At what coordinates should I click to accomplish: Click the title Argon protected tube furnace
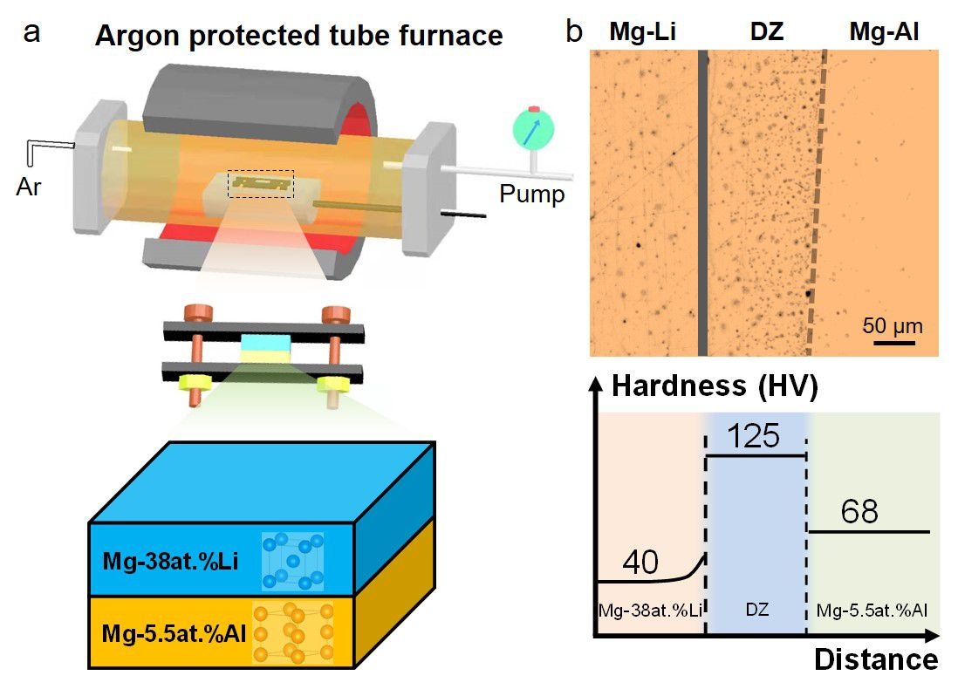(x=298, y=36)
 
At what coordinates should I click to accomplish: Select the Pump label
(x=531, y=194)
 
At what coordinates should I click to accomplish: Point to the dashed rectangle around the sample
(x=261, y=183)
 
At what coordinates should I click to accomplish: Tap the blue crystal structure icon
(x=292, y=561)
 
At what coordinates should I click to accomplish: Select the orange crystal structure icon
(x=293, y=632)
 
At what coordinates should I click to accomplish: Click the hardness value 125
(x=754, y=434)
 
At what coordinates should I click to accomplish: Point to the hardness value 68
(x=859, y=511)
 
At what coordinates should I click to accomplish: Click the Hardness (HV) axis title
(x=715, y=387)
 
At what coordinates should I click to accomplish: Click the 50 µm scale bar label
(x=893, y=327)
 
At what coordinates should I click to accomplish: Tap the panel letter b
(x=574, y=32)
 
